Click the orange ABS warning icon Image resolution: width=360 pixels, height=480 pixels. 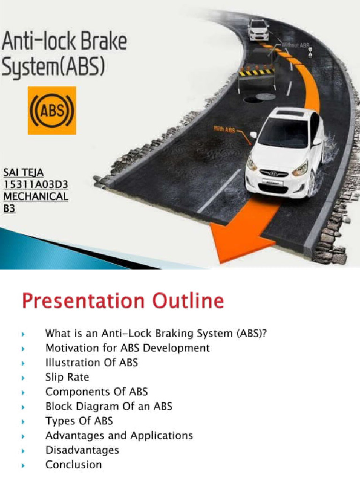click(52, 110)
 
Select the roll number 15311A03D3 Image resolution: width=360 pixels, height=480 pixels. click(36, 185)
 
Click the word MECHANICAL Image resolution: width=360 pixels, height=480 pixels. click(36, 197)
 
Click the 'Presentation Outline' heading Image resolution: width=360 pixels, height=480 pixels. click(123, 301)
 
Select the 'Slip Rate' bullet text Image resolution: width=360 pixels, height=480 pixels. click(67, 377)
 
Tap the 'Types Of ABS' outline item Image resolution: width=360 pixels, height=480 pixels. click(79, 420)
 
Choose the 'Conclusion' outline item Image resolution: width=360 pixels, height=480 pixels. click(74, 465)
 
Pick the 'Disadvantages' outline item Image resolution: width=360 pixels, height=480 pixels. click(82, 450)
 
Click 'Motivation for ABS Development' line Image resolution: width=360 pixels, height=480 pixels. click(127, 348)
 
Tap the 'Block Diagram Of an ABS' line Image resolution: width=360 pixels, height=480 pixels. click(109, 406)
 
